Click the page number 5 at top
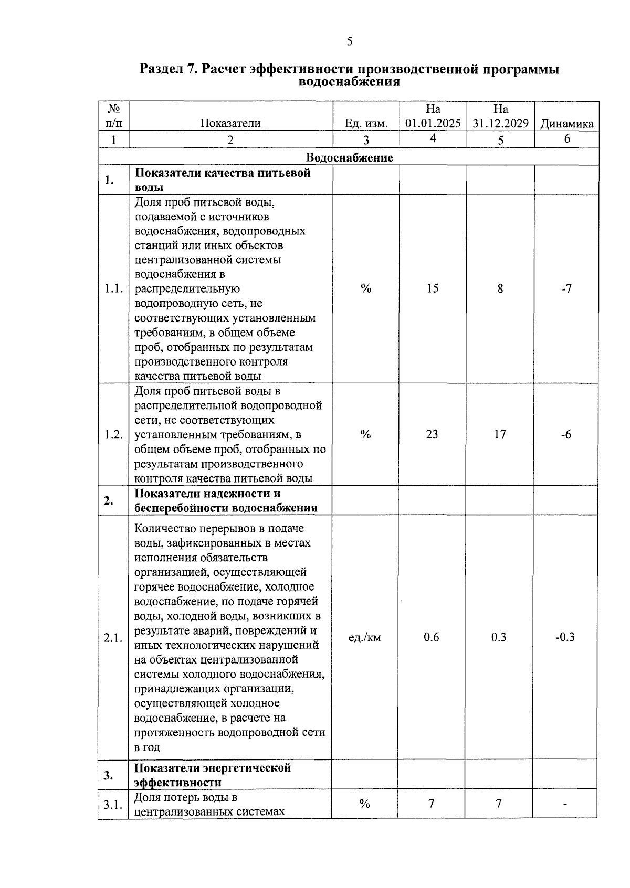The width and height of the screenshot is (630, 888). [350, 42]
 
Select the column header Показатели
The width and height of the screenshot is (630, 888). [230, 124]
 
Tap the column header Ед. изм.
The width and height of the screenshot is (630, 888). [366, 124]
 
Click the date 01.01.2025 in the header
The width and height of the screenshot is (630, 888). [433, 124]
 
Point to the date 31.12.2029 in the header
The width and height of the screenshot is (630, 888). [500, 124]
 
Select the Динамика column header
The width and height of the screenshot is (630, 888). [566, 124]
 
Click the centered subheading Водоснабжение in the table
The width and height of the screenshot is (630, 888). [349, 157]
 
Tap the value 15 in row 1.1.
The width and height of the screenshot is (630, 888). [432, 288]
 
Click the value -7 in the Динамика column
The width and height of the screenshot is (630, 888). [566, 288]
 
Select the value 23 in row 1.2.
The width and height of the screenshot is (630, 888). [432, 434]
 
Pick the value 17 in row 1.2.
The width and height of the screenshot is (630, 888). [500, 434]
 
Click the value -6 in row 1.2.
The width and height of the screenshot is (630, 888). [565, 434]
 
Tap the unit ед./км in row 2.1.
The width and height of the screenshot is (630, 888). [365, 637]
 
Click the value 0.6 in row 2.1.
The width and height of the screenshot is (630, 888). [431, 637]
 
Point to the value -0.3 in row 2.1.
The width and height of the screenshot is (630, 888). [565, 637]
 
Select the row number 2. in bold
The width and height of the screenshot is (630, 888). [109, 501]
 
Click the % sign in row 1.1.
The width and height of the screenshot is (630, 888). [366, 288]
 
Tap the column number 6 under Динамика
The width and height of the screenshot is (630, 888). [567, 139]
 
